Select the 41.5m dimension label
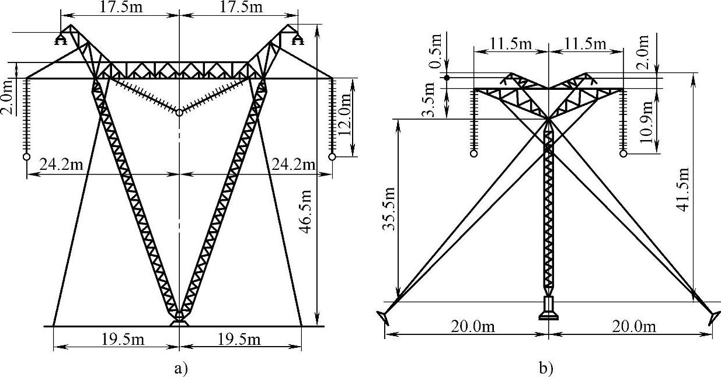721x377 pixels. pyautogui.click(x=683, y=190)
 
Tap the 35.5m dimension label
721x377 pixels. pyautogui.click(x=389, y=208)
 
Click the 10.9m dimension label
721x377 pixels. pyautogui.click(x=646, y=122)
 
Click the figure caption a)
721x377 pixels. pyautogui.click(x=180, y=368)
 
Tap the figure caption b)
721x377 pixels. pyautogui.click(x=546, y=368)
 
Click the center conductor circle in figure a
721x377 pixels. pyautogui.click(x=179, y=113)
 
